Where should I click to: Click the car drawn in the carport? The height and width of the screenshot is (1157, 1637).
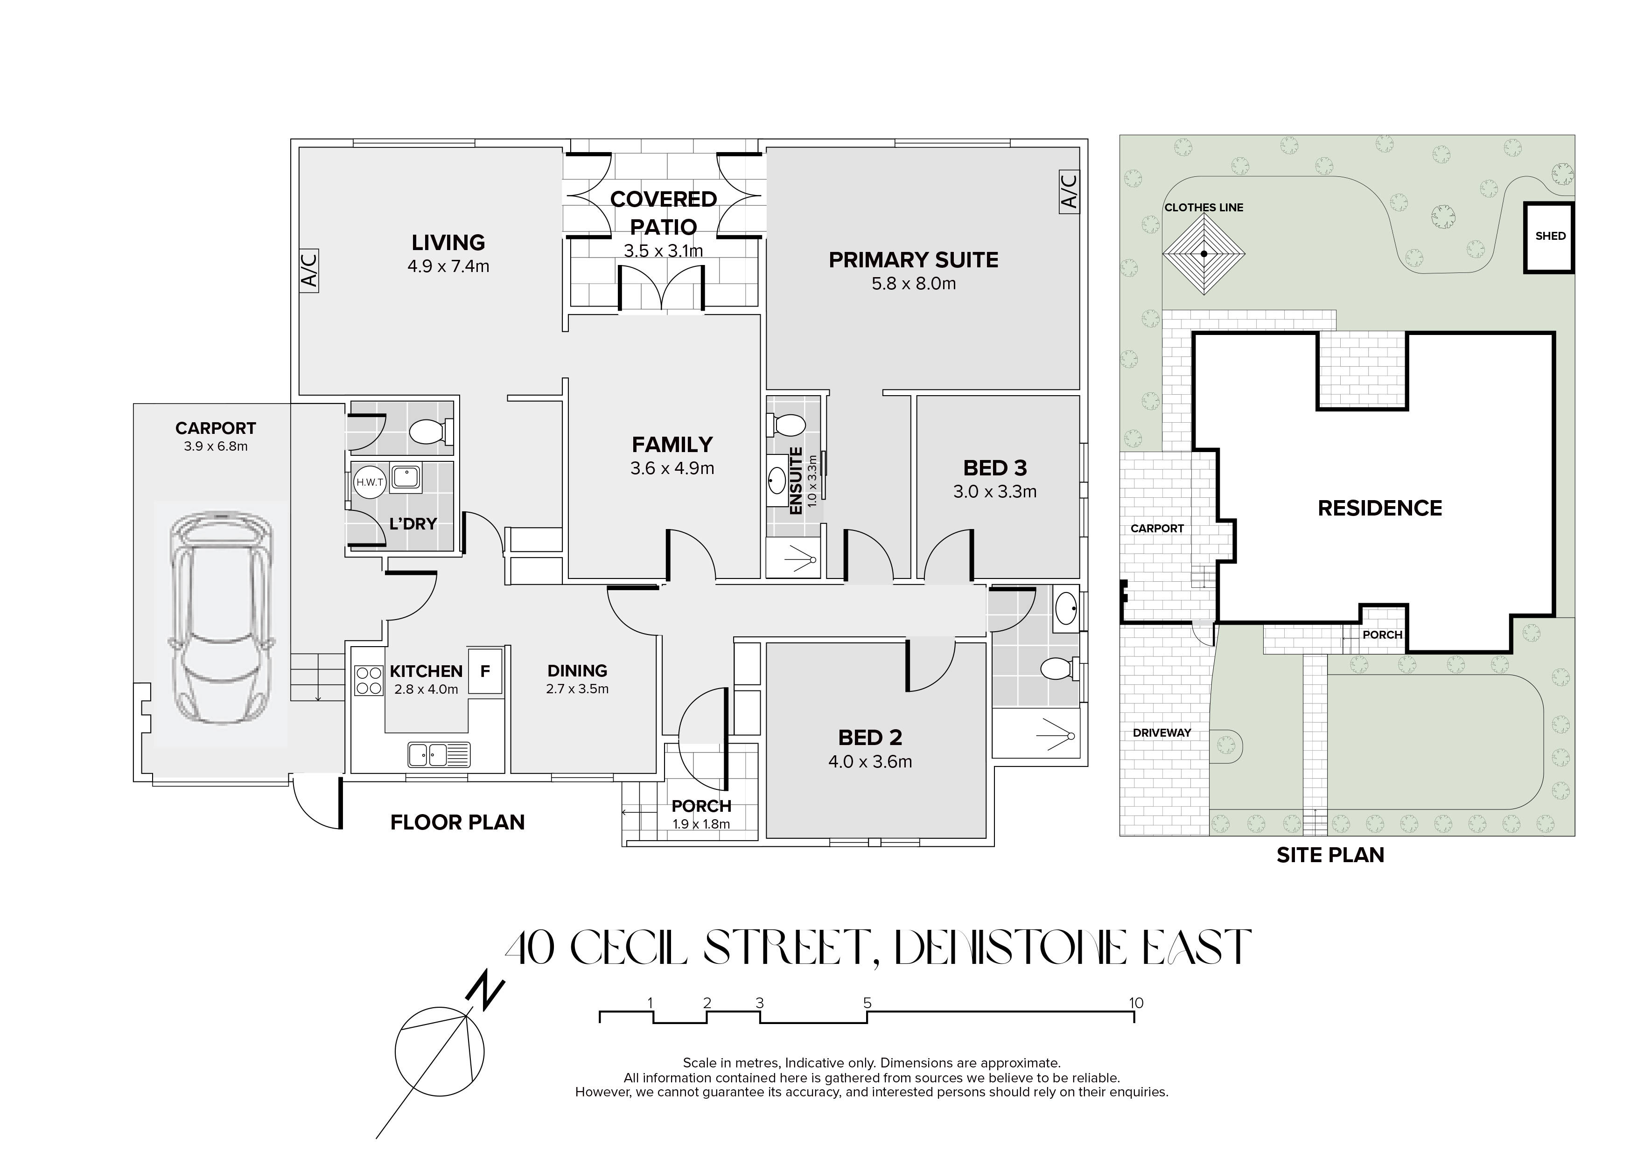click(222, 617)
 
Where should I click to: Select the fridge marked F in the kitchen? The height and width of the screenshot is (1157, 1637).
click(485, 671)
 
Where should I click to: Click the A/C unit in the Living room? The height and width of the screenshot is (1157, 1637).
click(309, 270)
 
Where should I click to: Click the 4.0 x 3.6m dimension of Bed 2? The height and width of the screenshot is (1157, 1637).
click(870, 762)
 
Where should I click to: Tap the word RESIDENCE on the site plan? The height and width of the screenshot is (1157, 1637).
click(1379, 508)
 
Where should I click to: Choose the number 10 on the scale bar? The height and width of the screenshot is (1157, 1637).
click(1136, 1003)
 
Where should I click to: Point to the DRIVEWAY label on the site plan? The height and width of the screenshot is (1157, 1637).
click(1161, 733)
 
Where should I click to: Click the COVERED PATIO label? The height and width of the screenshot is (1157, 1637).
click(663, 212)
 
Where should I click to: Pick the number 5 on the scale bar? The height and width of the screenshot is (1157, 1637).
click(867, 1003)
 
